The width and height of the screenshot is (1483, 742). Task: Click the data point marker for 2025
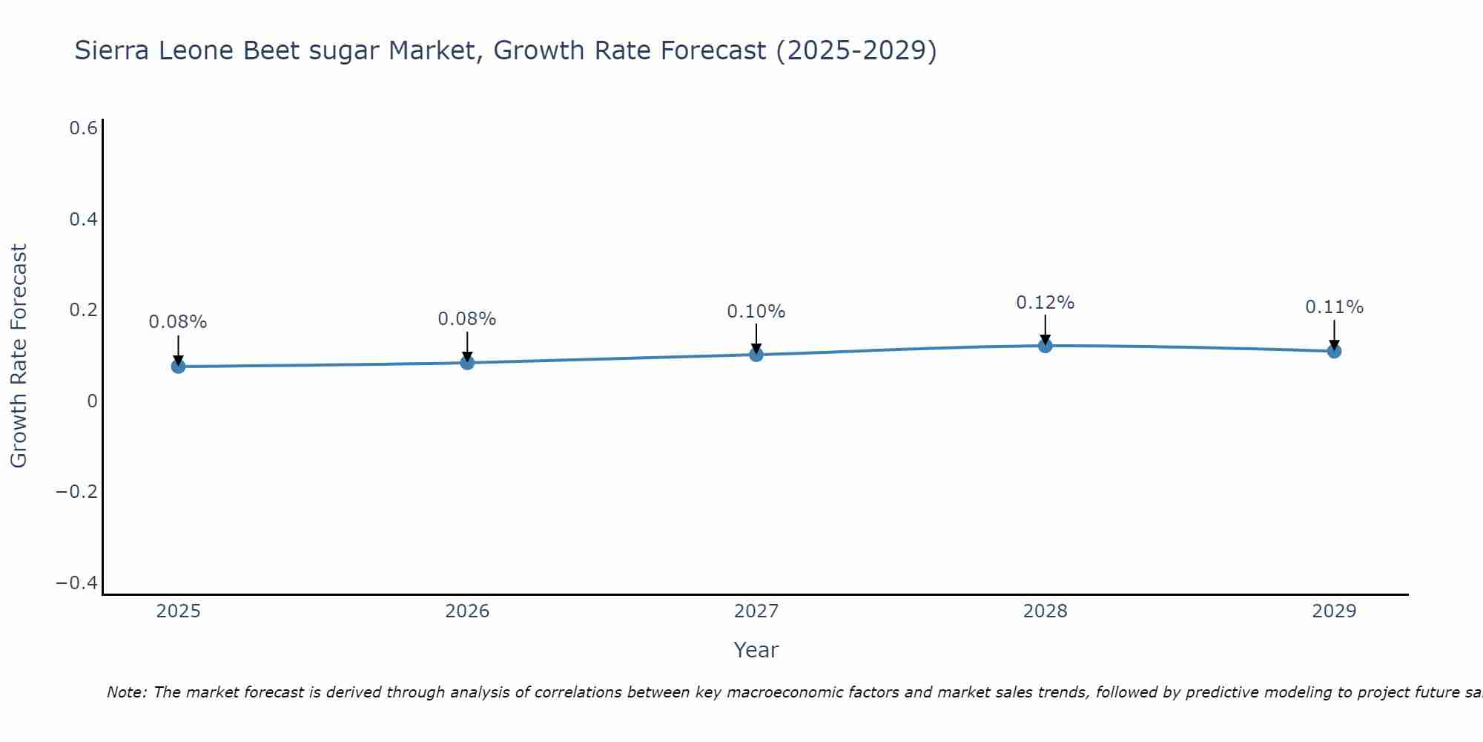pos(178,366)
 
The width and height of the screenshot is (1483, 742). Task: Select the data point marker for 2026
pos(467,362)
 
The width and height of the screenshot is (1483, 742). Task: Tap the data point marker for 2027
pos(756,354)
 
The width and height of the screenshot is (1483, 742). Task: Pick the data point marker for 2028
pos(1046,345)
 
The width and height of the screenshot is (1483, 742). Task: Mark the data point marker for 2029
pos(1334,350)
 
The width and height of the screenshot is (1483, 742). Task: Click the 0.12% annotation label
pos(1045,303)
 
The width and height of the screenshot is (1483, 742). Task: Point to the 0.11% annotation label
pos(1334,307)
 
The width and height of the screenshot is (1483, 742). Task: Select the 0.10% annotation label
pos(756,312)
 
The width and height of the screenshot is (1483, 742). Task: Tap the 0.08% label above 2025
pos(178,322)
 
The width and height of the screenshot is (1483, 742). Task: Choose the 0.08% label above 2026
pos(466,319)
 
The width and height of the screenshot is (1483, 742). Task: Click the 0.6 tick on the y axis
pos(83,128)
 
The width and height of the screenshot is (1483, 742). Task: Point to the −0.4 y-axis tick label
pos(77,583)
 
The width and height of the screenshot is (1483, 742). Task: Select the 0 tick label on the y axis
pos(92,401)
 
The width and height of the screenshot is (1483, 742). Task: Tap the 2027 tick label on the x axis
pos(756,611)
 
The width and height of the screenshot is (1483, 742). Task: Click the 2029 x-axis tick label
pos(1334,611)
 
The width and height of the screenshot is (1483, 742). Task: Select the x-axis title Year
pos(756,650)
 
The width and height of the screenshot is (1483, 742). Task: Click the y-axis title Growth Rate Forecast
pos(19,356)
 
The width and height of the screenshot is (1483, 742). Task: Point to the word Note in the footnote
pos(127,692)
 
